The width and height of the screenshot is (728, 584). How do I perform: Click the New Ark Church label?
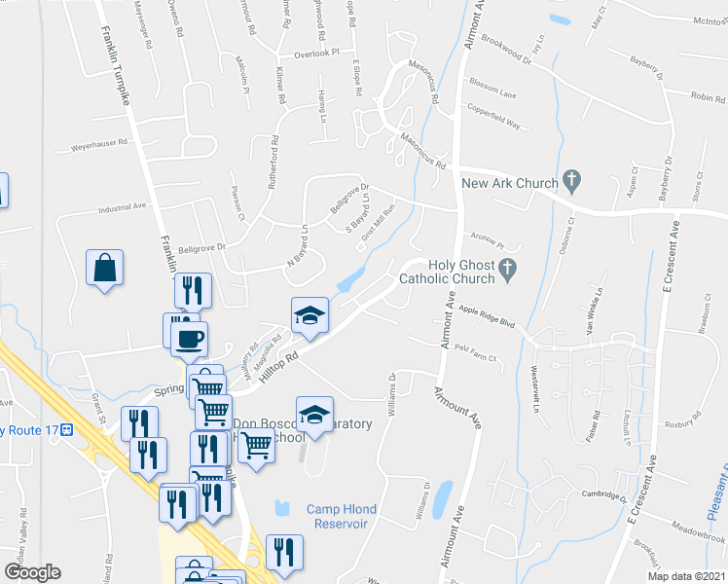pyautogui.click(x=509, y=183)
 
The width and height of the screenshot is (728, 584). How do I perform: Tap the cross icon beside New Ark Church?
pyautogui.click(x=572, y=180)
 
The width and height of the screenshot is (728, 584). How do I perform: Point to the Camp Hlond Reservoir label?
pyautogui.click(x=337, y=516)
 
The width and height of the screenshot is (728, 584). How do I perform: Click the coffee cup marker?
pyautogui.click(x=188, y=339)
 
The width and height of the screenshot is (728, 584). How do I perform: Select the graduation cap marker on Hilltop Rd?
pyautogui.click(x=309, y=315)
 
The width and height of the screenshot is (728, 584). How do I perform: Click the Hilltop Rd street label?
pyautogui.click(x=277, y=367)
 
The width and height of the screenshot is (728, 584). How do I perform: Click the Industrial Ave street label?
pyautogui.click(x=121, y=207)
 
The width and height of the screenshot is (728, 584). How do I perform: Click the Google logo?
pyautogui.click(x=32, y=572)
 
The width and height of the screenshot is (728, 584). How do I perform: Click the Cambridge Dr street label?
pyautogui.click(x=601, y=495)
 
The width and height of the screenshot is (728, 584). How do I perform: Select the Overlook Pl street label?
pyautogui.click(x=316, y=53)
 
